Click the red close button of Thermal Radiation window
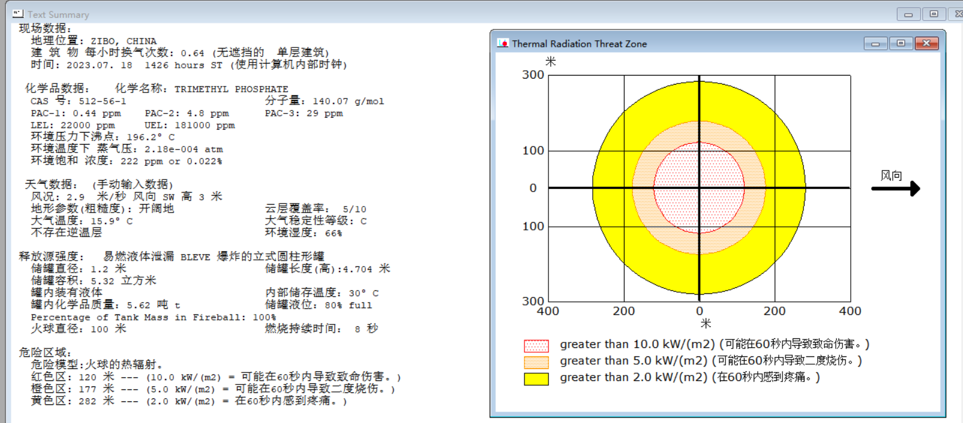pyautogui.click(x=926, y=43)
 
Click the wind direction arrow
pyautogui.click(x=896, y=188)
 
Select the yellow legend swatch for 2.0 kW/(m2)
pyautogui.click(x=536, y=379)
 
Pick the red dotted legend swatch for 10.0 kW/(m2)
pyautogui.click(x=536, y=346)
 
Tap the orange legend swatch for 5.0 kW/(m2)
pyautogui.click(x=536, y=362)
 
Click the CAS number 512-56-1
pyautogui.click(x=103, y=101)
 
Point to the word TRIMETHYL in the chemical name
pyautogui.click(x=201, y=89)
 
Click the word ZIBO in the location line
pyautogui.click(x=104, y=41)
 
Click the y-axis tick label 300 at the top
pyautogui.click(x=533, y=75)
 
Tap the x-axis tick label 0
pyautogui.click(x=700, y=311)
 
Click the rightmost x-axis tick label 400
pyautogui.click(x=850, y=311)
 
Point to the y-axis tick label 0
pyautogui.click(x=533, y=188)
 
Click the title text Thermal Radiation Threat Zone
pyautogui.click(x=579, y=44)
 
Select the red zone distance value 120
pyautogui.click(x=88, y=377)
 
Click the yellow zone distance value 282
pyautogui.click(x=88, y=401)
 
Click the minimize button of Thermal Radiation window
pyautogui.click(x=875, y=43)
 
